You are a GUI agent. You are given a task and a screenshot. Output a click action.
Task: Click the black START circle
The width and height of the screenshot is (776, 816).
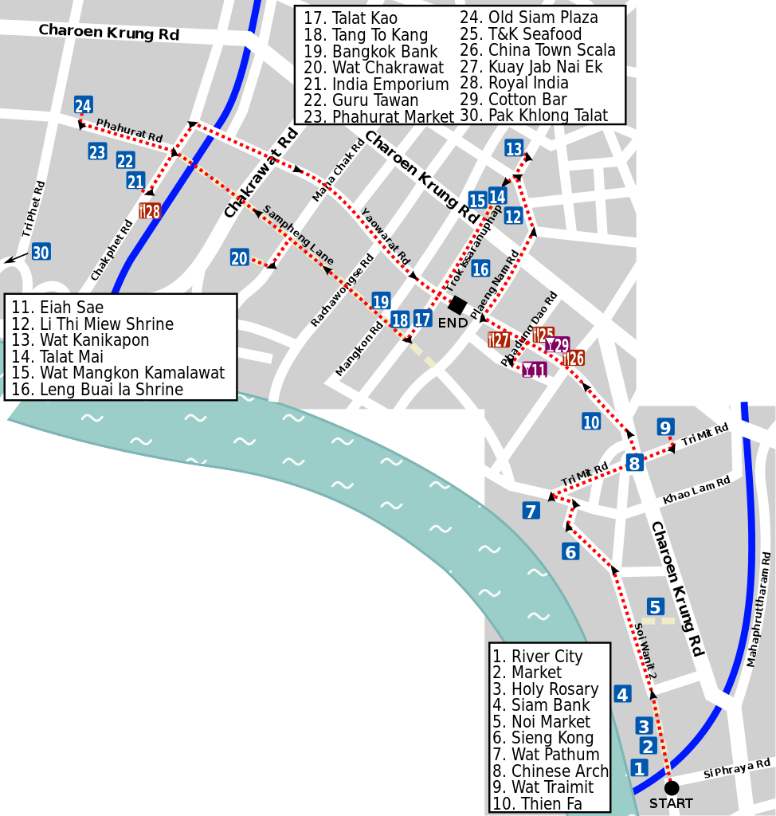coord(672,787)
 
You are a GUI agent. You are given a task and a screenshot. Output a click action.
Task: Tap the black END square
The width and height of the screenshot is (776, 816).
coord(457,304)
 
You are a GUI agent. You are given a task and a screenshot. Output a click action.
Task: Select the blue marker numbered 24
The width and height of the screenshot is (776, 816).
coord(83,105)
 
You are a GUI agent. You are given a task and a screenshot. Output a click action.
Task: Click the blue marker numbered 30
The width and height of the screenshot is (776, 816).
coord(41,252)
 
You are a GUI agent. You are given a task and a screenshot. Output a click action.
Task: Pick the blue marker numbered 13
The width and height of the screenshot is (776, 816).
coord(514,149)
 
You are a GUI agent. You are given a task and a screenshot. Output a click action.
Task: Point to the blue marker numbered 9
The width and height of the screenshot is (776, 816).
coord(665,427)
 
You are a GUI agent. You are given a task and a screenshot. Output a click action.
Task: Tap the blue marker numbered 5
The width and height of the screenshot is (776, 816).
coord(655,607)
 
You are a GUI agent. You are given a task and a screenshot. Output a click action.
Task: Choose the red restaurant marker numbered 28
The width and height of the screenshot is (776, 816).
coord(150,211)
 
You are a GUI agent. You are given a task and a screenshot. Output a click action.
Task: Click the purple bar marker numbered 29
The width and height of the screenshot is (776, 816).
coord(558,345)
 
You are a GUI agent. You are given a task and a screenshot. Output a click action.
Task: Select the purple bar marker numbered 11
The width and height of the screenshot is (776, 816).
coord(535,370)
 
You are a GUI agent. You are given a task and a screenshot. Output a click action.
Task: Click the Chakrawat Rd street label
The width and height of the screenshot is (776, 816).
coord(261,173)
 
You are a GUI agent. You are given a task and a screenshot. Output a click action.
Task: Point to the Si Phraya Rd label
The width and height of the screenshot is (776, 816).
coord(737,770)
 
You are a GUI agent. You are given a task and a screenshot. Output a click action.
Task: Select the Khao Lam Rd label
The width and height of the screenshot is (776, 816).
coord(696,490)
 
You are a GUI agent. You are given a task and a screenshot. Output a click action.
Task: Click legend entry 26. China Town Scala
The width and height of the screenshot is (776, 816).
coord(538,50)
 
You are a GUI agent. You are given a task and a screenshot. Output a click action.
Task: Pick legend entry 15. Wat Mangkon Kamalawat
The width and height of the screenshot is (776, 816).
coord(118,373)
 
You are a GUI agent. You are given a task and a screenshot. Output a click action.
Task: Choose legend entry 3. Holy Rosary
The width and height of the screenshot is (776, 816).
coord(545,689)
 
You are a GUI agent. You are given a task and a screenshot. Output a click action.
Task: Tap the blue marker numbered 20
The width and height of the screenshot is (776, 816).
coord(239,257)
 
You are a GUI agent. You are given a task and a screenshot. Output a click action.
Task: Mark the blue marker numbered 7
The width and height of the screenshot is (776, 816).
coord(531,511)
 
